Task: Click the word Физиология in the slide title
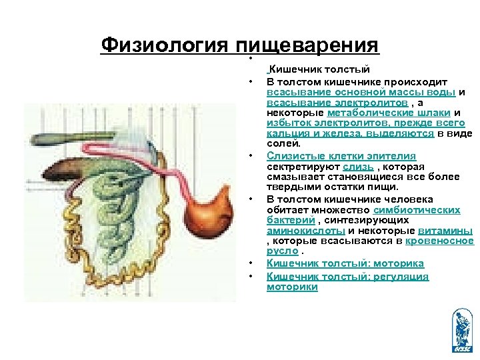click(165, 45)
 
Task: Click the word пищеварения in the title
click(307, 45)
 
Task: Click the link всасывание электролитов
click(337, 102)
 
